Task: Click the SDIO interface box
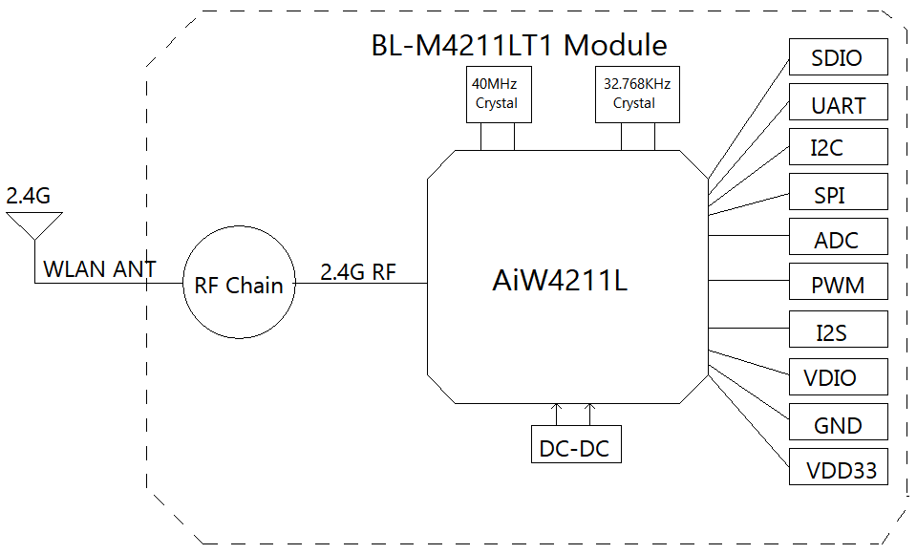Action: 838,56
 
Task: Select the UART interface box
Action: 838,102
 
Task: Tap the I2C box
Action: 838,147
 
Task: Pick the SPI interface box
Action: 838,191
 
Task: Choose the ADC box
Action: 838,236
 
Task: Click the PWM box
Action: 838,282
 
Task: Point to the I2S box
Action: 838,330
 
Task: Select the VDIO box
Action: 838,376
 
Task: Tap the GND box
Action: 838,422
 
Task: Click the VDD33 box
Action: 838,467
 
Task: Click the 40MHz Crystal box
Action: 499,95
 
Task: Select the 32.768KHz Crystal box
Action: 637,95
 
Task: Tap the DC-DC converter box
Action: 576,444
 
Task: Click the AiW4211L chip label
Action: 560,280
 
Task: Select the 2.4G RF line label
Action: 358,272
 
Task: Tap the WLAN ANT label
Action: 99,269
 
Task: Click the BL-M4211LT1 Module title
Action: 519,45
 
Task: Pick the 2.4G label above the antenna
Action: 28,196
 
